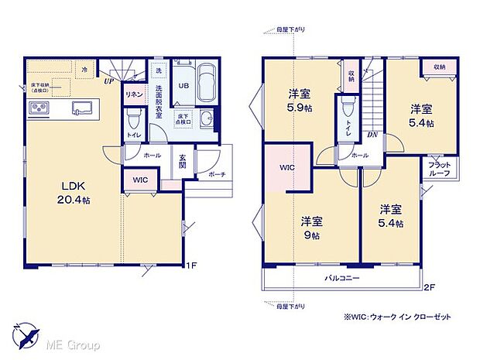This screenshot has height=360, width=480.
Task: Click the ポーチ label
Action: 217,175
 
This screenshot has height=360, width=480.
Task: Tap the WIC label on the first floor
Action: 140,180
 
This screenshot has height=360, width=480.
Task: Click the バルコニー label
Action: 341,277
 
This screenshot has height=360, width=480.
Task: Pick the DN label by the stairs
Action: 372,135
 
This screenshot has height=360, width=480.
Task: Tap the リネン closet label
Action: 132,94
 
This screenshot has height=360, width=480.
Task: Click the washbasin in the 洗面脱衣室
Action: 206,118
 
